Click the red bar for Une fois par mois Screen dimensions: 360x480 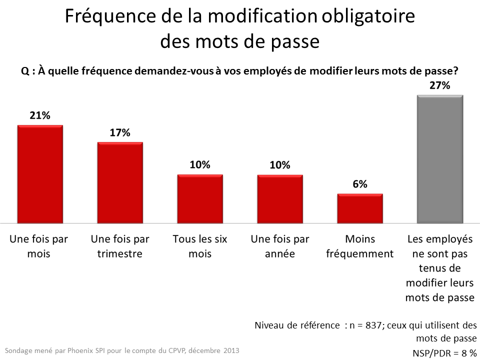click(40, 174)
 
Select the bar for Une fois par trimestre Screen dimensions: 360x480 click(120, 182)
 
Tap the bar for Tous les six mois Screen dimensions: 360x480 click(200, 198)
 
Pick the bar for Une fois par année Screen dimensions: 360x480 click(280, 198)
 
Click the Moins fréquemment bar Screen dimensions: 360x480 click(360, 208)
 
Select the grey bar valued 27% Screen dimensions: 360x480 click(440, 158)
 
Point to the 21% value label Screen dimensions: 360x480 click(40, 115)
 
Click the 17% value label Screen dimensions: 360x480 click(120, 132)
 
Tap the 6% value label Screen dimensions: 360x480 click(360, 184)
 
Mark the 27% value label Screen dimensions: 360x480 click(440, 85)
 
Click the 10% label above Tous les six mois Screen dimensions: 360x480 click(200, 165)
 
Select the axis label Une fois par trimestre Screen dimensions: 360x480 click(120, 246)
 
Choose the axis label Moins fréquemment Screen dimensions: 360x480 click(360, 246)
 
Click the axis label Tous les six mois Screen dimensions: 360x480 click(200, 246)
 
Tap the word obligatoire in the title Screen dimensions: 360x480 click(366, 17)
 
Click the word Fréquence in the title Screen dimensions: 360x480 click(104, 17)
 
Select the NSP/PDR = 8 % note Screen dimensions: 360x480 click(444, 352)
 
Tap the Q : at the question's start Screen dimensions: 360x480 click(27, 71)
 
